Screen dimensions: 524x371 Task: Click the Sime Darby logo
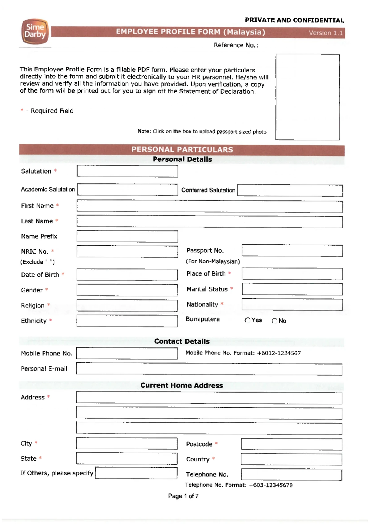point(35,32)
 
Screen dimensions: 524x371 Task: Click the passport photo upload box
point(308,97)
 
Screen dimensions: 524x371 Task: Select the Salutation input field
point(127,171)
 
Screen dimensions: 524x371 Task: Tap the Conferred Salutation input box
point(290,190)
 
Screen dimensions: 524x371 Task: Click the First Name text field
point(210,206)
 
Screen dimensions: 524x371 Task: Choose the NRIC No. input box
point(127,251)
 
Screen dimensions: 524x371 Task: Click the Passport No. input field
point(292,251)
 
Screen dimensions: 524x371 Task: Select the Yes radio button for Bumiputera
point(247,320)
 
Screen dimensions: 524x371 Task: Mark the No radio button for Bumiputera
point(274,321)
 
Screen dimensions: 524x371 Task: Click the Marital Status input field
point(292,289)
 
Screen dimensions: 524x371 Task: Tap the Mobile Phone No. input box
point(127,353)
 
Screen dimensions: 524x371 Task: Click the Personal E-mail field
point(209,369)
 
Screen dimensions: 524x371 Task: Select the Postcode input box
point(292,444)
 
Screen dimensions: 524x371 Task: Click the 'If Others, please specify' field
point(136,473)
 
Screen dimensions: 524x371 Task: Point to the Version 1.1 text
point(326,33)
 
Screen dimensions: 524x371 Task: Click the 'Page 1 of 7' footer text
point(183,496)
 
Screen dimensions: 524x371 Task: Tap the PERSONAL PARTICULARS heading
point(182,150)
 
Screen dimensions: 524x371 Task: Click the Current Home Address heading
point(182,385)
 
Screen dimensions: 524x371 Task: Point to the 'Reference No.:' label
point(236,45)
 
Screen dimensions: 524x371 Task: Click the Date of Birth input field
point(127,274)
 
